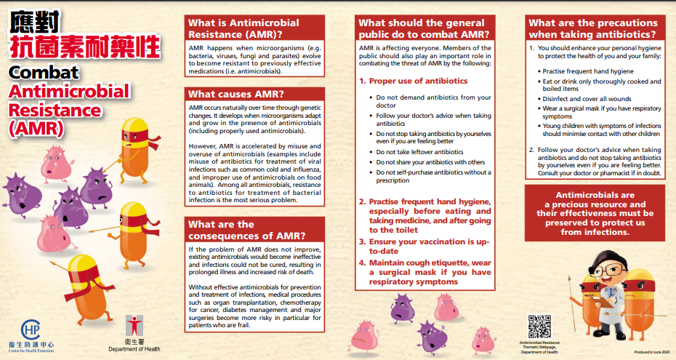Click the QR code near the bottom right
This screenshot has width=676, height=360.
point(539,325)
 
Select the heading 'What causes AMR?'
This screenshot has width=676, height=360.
point(227,94)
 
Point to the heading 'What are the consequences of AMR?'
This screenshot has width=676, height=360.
point(246,230)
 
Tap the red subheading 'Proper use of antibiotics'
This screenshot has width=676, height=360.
point(418,81)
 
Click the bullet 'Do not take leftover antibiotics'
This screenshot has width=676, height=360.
point(419,152)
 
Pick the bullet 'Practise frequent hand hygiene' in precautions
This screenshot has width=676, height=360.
point(588,71)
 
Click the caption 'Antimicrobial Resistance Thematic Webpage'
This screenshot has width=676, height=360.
point(539,346)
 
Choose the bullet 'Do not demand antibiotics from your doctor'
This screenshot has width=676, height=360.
point(433,102)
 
